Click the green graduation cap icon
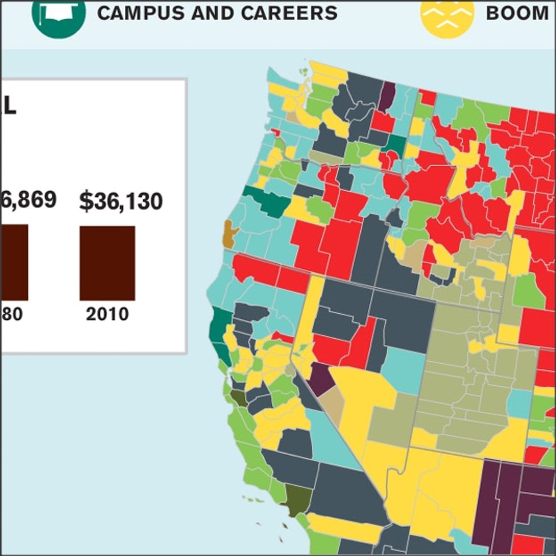point(58,15)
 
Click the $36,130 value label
point(121,202)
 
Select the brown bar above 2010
point(107,263)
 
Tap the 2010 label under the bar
point(107,314)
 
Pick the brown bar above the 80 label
point(14,262)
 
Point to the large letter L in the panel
point(10,106)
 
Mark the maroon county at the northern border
point(386,95)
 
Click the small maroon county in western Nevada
point(321,379)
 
